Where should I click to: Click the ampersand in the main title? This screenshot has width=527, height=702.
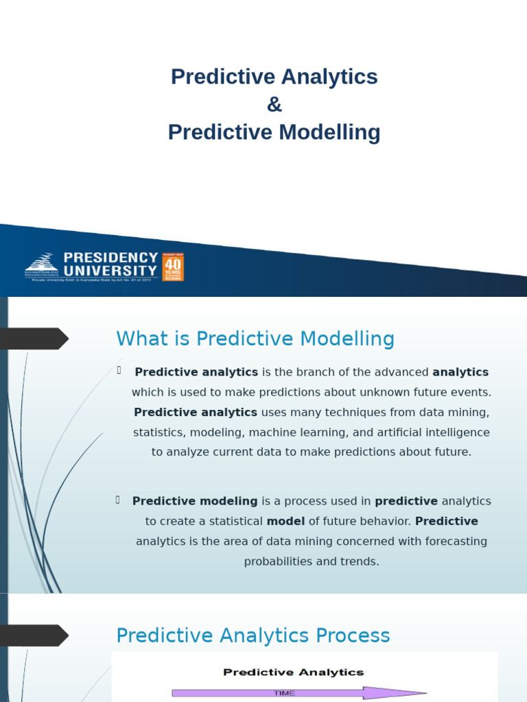[x=274, y=105]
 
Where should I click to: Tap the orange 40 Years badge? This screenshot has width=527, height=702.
[x=173, y=267]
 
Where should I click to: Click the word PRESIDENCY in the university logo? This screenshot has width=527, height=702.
[x=110, y=257]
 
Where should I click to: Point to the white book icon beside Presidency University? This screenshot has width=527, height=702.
[x=42, y=263]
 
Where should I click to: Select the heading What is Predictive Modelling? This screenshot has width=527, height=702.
[x=255, y=339]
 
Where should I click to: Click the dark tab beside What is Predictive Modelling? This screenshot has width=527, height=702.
[x=34, y=339]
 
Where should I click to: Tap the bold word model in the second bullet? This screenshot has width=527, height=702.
[x=285, y=522]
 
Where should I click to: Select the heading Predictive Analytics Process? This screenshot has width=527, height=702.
[x=253, y=636]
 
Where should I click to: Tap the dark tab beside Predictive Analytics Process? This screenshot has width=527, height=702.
[x=34, y=636]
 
